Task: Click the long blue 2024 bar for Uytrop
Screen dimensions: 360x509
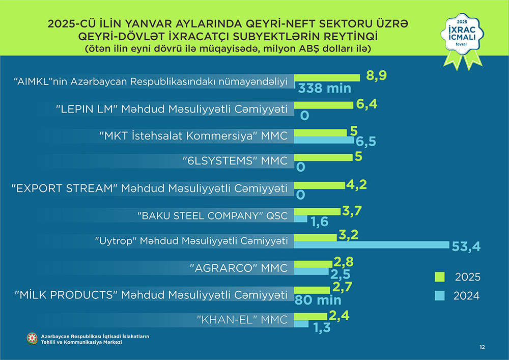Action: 372,245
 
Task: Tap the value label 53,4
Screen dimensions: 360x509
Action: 466,247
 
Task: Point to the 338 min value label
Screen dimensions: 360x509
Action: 325,88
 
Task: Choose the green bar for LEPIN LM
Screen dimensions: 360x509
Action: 324,105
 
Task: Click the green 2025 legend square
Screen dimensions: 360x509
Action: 439,276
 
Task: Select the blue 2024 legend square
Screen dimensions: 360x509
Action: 439,295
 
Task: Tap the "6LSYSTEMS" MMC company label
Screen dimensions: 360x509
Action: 235,161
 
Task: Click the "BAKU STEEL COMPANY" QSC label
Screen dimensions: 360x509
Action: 213,215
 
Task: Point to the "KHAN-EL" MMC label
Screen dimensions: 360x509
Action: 242,320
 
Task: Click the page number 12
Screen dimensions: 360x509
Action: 482,347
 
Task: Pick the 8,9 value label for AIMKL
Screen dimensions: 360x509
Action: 376,76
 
